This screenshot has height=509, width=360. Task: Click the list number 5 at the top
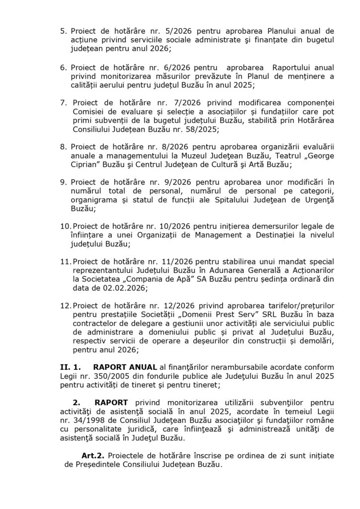63,31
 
